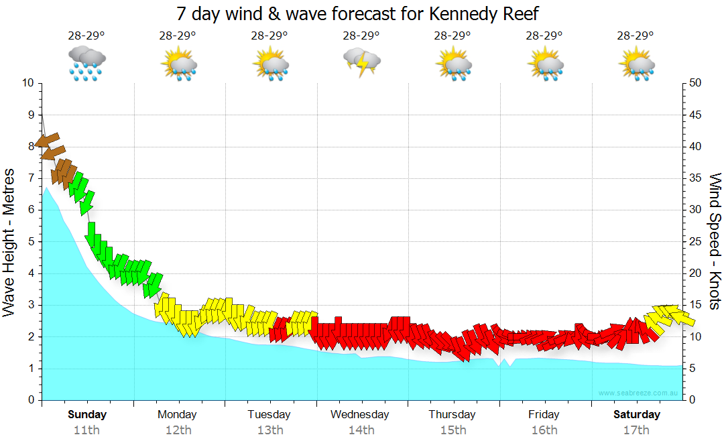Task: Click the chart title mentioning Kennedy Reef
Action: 357,13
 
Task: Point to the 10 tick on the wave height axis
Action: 27,83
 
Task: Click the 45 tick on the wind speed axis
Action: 695,115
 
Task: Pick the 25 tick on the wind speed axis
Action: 695,241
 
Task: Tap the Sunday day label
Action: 87,414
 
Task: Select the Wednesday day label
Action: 359,414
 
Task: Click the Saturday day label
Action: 636,414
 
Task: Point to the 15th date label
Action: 452,430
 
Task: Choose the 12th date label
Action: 178,430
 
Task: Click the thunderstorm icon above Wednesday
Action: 362,62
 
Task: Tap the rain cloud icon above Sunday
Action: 87,63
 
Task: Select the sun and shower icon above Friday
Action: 544,63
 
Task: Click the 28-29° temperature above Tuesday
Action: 269,36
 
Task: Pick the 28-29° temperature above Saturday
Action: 636,36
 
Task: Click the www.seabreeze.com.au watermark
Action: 639,393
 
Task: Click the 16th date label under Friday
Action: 544,430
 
